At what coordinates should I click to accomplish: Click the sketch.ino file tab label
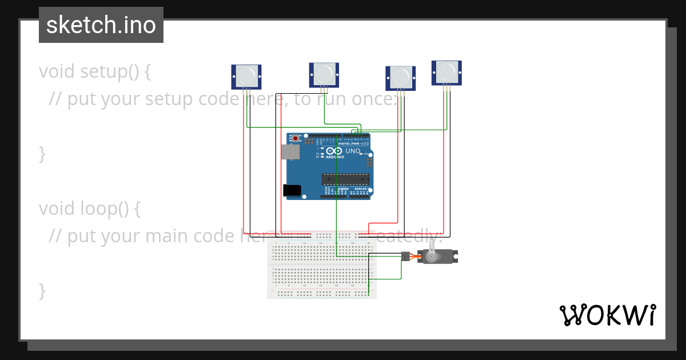tap(101, 25)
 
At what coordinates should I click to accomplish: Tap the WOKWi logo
tap(607, 315)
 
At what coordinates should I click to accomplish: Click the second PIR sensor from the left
tap(324, 73)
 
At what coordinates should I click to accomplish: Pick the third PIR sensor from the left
tap(401, 77)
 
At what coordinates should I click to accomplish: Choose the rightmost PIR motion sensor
tap(446, 72)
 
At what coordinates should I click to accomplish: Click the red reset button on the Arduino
tap(295, 139)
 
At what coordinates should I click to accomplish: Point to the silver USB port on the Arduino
tap(290, 151)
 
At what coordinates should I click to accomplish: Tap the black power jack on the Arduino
tap(292, 191)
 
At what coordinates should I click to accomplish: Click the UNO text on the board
tap(353, 151)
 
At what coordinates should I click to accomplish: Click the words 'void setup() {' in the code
tap(95, 72)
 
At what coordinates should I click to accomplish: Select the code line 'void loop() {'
tap(90, 209)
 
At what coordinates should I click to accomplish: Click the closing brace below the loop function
tap(42, 290)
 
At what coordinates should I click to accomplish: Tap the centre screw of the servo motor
tap(432, 257)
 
